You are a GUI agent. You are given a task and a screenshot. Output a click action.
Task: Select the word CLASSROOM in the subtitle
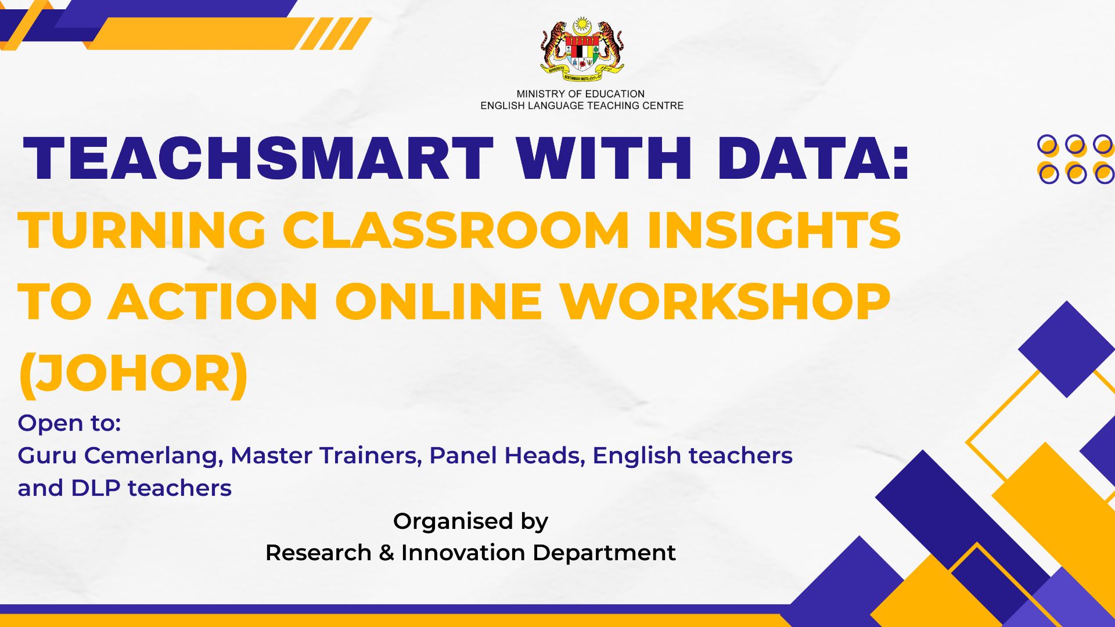[456, 230]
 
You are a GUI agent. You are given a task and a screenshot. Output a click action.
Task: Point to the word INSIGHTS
[774, 230]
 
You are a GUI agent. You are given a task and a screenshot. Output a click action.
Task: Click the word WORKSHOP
[725, 301]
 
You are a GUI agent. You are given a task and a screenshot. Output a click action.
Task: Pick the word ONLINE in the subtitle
[438, 301]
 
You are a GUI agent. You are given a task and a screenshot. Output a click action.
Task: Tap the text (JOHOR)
[134, 374]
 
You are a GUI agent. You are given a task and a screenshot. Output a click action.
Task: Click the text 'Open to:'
[69, 423]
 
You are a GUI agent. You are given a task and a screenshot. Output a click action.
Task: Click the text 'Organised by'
[470, 521]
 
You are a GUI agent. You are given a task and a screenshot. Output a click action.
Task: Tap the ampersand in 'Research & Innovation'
[386, 553]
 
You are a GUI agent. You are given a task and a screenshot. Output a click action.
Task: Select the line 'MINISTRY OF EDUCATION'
[581, 94]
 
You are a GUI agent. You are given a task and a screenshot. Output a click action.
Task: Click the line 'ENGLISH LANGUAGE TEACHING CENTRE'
[582, 106]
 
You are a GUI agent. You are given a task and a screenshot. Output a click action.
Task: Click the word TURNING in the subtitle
[142, 230]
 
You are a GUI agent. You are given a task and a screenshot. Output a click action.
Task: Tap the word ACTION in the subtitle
[213, 301]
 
